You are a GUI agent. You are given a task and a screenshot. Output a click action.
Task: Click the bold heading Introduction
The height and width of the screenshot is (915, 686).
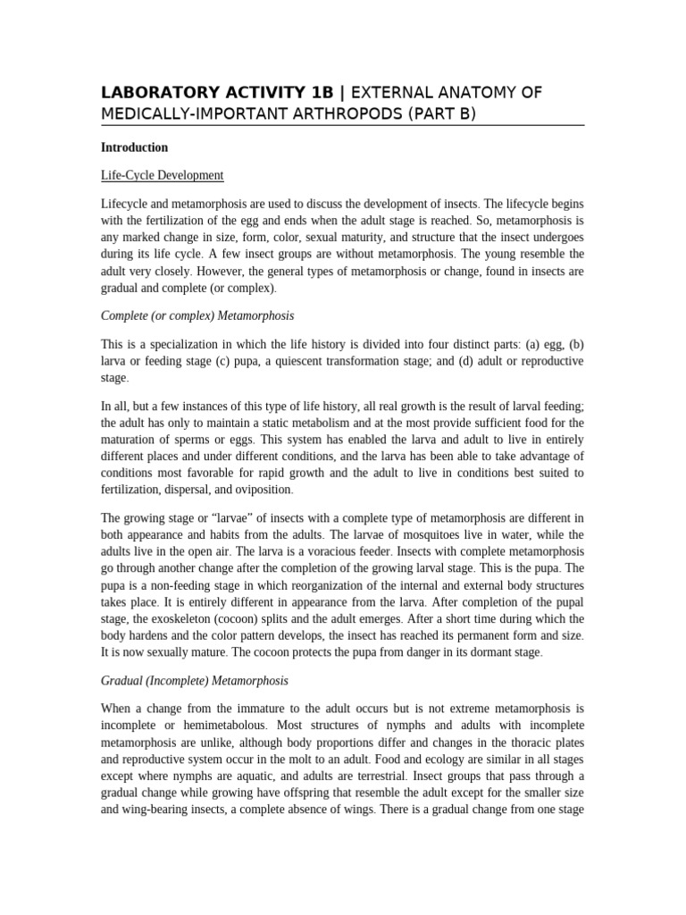(x=134, y=147)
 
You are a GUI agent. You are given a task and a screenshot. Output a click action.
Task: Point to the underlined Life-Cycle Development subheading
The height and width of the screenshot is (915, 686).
(x=162, y=175)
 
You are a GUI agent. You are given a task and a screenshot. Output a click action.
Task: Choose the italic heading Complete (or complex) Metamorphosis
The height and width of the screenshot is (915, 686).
(x=197, y=315)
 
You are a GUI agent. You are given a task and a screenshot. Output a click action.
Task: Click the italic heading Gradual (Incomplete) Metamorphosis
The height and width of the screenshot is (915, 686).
(x=195, y=680)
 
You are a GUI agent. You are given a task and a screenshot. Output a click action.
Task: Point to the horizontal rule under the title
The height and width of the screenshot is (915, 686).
(x=342, y=125)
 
